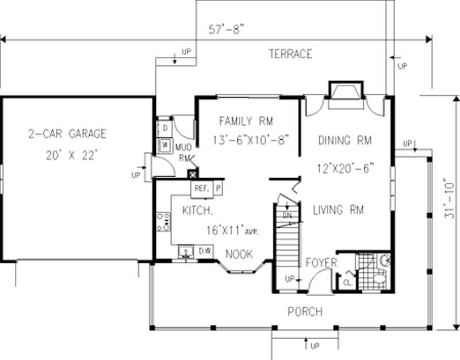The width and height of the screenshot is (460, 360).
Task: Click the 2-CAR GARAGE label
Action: (x=67, y=134)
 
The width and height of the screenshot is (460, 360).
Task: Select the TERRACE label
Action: (x=290, y=54)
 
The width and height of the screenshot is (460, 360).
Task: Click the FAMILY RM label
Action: (x=246, y=121)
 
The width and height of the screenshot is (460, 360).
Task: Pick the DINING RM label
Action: (x=344, y=140)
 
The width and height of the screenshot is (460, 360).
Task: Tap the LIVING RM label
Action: (x=338, y=210)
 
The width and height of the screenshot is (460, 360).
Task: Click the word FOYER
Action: (x=321, y=263)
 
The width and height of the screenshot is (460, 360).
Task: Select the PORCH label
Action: (x=305, y=312)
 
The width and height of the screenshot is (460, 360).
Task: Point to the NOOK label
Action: (x=239, y=254)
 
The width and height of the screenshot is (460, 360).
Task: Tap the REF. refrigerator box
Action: (x=201, y=188)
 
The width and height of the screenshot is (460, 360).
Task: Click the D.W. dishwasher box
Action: (x=206, y=251)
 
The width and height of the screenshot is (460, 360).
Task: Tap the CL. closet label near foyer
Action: (x=347, y=282)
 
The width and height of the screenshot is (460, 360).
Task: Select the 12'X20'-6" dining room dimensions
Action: (x=345, y=168)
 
